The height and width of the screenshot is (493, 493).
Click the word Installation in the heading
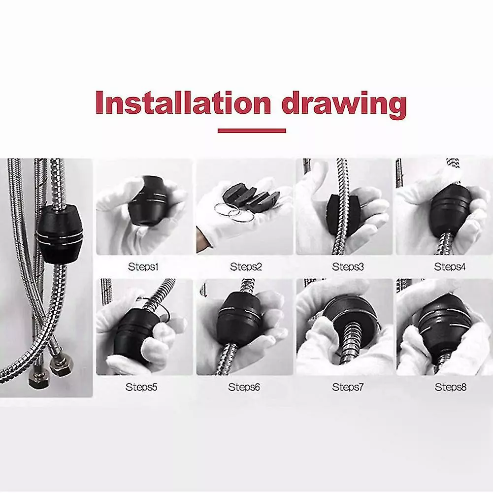[183, 102]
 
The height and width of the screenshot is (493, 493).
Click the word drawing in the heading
[344, 104]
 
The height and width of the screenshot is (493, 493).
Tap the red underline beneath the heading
[252, 131]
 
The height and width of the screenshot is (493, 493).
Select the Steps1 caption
[143, 267]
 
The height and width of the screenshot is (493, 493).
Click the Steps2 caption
[246, 267]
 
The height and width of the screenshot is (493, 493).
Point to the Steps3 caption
[348, 267]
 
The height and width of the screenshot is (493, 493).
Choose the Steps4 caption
[450, 267]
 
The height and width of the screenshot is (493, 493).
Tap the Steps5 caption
[141, 387]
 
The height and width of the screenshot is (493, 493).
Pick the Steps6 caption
[244, 387]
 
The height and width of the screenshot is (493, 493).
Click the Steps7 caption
[348, 387]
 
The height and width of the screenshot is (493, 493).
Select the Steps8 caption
[451, 387]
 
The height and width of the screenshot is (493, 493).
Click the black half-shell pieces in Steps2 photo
[250, 195]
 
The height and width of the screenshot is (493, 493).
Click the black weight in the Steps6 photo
[240, 318]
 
